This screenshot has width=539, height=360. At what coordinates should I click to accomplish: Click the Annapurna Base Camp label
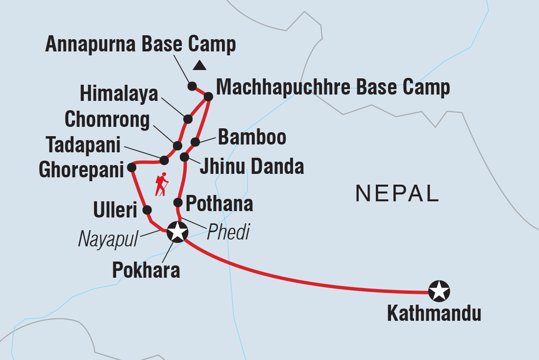pos(141,45)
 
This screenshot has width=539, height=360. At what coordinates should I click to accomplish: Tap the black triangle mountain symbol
pos(199,65)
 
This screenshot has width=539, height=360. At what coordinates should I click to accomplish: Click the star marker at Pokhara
pos(177,232)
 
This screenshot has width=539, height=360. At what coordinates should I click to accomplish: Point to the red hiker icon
pos(162,185)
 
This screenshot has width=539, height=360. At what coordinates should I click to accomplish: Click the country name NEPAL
pos(397,194)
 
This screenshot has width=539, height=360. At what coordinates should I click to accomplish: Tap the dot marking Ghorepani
pos(131,167)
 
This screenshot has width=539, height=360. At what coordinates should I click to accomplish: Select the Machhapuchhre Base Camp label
pos(333,88)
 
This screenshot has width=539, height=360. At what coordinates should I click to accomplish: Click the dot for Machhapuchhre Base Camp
pos(208,96)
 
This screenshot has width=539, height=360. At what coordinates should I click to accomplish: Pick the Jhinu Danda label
pos(251,167)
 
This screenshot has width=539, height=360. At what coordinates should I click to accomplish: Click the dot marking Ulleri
pos(147,210)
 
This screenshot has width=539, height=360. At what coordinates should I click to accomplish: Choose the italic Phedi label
pos(228,233)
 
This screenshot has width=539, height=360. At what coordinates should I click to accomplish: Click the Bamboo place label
pos(252,138)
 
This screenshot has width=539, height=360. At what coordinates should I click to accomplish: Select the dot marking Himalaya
pos(188,119)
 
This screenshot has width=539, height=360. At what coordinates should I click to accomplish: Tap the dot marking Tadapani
pos(164,160)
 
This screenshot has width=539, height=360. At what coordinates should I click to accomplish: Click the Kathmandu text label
pos(434,313)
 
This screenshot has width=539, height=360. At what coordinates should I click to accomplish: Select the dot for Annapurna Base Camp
pos(192,85)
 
